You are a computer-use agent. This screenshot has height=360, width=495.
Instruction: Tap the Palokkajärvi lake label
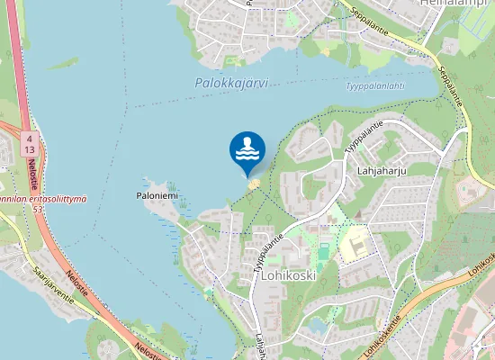point(230,83)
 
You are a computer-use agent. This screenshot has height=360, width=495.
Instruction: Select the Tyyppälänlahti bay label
point(374,86)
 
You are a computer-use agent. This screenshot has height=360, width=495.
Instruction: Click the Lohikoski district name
point(287,275)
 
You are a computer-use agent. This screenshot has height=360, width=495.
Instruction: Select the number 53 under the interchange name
point(38,209)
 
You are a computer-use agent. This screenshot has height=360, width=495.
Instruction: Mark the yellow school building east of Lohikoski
point(355,240)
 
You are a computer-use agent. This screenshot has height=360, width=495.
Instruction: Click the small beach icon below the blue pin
point(253,184)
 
